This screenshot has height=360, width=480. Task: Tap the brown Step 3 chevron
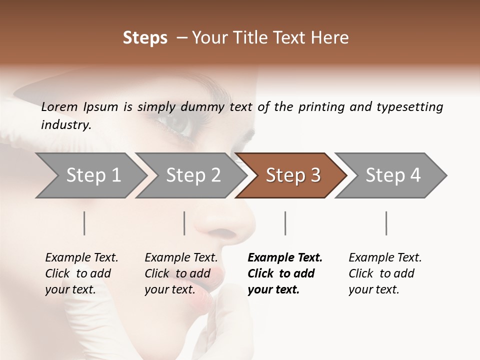292,175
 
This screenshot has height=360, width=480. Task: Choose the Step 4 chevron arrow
392,175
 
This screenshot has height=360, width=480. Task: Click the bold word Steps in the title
145,38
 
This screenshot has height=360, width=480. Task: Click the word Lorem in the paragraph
59,107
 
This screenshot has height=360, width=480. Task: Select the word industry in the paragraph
65,124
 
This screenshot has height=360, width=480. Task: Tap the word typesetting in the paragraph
409,107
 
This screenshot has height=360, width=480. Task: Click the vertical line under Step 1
84,223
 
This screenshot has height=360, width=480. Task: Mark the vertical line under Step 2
184,223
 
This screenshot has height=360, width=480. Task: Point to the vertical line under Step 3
285,223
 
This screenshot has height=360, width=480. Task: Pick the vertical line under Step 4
386,223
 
